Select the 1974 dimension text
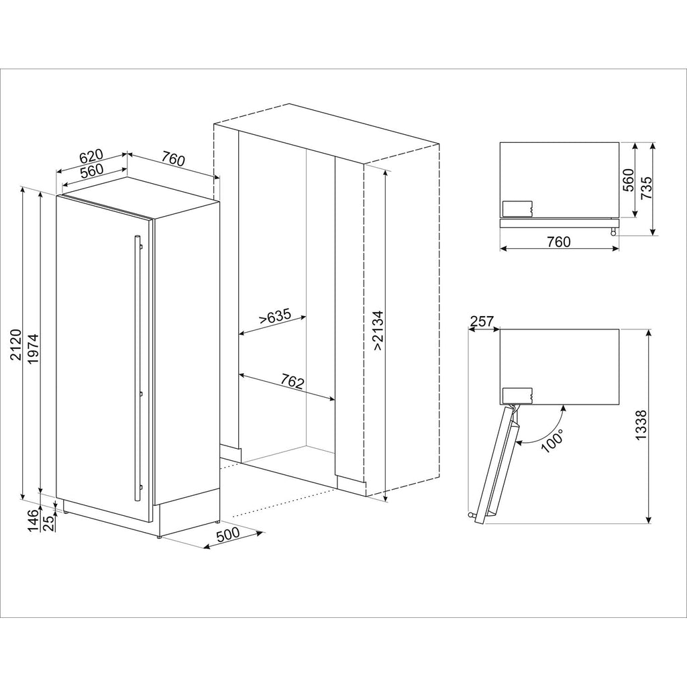tap(34, 349)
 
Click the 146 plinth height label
tap(34, 521)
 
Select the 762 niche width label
tap(293, 382)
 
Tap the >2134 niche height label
tap(378, 330)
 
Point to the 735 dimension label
tap(646, 188)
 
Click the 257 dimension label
tap(482, 321)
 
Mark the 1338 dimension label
tap(641, 425)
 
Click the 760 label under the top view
tap(559, 242)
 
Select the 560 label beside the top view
tap(629, 180)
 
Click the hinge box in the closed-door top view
tap(517, 209)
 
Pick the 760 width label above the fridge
tap(173, 159)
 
